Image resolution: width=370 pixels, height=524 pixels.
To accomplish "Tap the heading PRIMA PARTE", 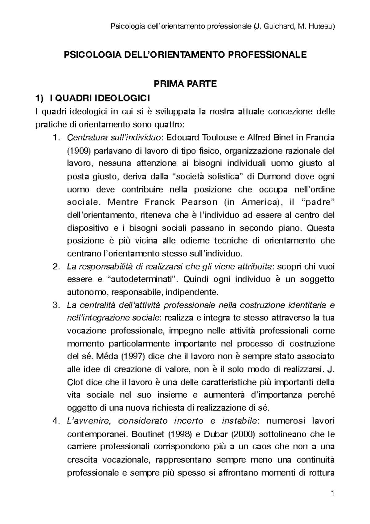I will (185, 84).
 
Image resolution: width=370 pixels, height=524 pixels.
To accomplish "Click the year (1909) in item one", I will (77, 151).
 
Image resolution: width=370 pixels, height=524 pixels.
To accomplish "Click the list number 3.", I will (55, 305).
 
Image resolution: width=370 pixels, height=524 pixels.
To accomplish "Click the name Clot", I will (75, 382).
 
